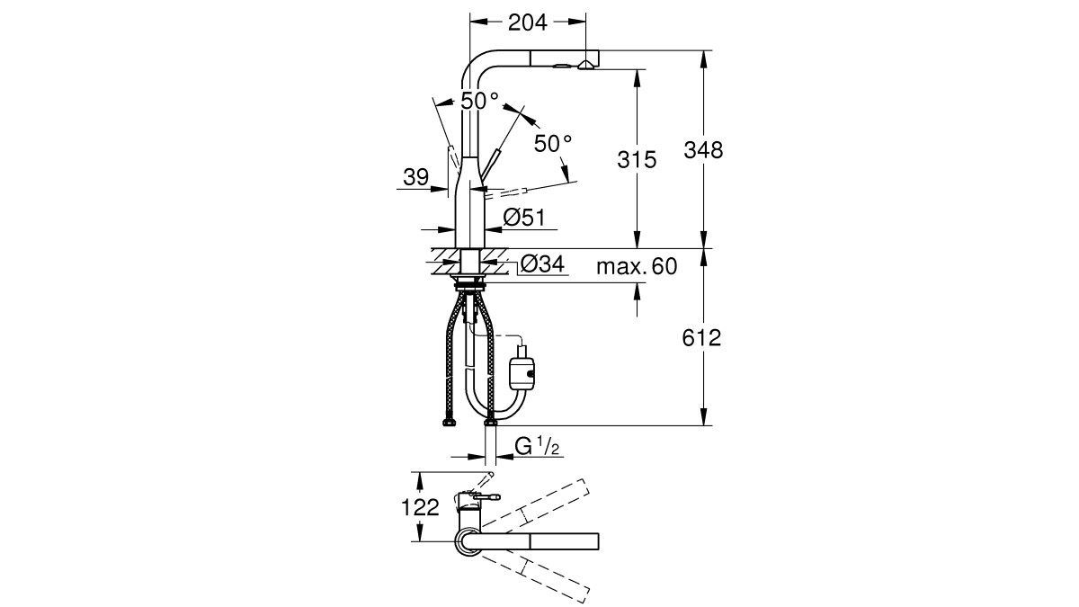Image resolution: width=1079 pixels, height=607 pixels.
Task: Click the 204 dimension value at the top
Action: click(x=528, y=22)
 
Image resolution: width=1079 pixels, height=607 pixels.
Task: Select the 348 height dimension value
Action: click(x=703, y=150)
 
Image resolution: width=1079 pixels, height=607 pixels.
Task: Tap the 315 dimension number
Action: click(x=637, y=159)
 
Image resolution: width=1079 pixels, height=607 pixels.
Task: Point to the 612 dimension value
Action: click(x=701, y=338)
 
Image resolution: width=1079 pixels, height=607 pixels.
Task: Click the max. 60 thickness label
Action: click(x=637, y=266)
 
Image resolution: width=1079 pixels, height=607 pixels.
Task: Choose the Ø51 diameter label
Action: click(x=524, y=218)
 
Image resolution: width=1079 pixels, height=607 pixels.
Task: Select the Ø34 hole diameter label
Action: click(x=542, y=263)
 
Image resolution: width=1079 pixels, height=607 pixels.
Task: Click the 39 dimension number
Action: click(x=415, y=177)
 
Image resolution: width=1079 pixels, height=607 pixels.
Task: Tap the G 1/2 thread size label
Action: click(x=537, y=446)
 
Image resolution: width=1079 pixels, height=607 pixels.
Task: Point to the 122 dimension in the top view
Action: click(x=420, y=507)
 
